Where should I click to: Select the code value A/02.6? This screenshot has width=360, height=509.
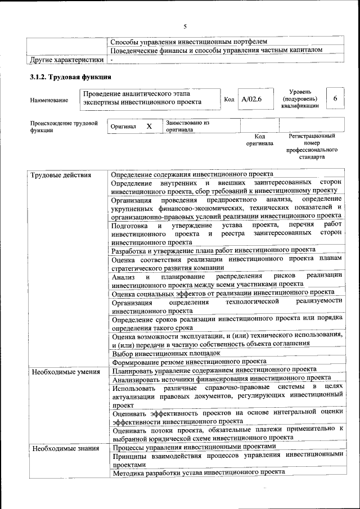click(x=251, y=100)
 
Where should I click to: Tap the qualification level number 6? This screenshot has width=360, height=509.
click(x=335, y=98)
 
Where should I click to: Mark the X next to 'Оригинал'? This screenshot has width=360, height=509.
click(x=149, y=127)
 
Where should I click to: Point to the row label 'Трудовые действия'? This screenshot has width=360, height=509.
click(x=61, y=175)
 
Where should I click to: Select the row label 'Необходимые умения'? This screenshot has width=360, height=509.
click(x=66, y=371)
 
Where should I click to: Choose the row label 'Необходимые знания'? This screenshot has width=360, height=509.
click(x=65, y=448)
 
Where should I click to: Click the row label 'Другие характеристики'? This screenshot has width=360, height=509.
click(x=67, y=59)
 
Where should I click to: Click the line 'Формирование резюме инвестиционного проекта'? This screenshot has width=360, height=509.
click(x=188, y=362)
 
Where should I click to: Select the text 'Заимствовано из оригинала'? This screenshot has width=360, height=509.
click(x=187, y=125)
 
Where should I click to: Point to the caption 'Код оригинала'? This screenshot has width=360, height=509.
click(x=259, y=139)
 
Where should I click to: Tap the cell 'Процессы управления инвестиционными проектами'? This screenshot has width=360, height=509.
click(x=194, y=447)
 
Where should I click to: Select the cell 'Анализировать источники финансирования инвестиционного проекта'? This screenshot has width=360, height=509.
click(x=221, y=379)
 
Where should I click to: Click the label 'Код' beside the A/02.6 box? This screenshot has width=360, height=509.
click(x=229, y=100)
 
